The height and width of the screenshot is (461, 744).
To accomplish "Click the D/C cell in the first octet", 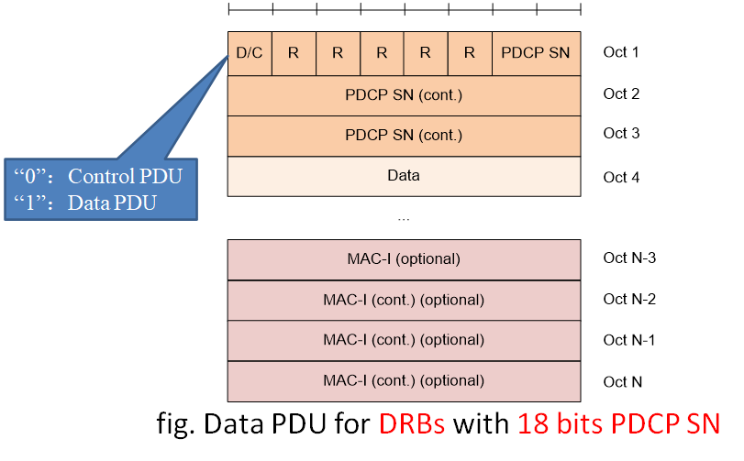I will pos(250,53).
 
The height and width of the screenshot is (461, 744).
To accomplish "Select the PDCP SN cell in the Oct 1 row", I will pos(536,53).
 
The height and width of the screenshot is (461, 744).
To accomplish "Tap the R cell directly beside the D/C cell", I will pos(294,53).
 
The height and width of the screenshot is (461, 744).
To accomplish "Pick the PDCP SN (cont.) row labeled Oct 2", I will pos(404,94).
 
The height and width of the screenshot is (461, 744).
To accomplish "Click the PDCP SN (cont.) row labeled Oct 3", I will pos(404,135).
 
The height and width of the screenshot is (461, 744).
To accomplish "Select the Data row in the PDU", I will pos(404,176).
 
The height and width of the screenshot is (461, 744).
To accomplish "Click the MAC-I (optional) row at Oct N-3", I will pos(404,259).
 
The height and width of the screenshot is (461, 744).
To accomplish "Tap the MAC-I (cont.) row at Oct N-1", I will pos(404,340).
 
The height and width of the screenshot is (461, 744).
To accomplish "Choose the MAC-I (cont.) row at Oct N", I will pos(404,380).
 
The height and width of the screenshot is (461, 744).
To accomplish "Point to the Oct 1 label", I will pos(621,52).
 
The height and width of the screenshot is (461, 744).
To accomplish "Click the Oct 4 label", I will pos(621,177).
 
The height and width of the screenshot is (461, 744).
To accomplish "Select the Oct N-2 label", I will pos(628,300).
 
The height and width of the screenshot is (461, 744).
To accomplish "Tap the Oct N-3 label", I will pos(628,258).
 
